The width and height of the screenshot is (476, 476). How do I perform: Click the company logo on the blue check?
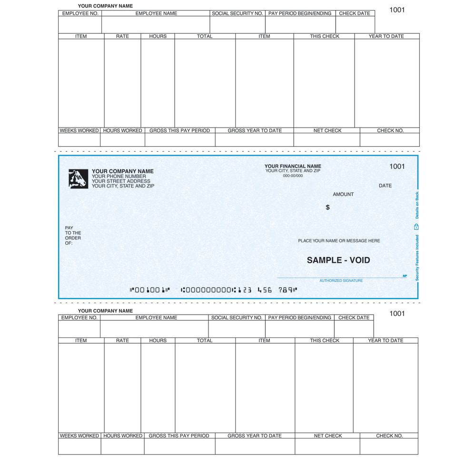78,178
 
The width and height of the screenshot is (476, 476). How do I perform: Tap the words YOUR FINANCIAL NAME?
293,166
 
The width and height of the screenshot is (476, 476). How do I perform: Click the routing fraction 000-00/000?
293,176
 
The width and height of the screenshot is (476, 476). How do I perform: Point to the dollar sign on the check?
327,208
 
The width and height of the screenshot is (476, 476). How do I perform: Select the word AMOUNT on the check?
343,194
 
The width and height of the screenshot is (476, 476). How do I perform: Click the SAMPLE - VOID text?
338,260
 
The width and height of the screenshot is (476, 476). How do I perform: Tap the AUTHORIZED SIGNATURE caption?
341,281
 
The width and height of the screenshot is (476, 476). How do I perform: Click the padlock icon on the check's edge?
416,227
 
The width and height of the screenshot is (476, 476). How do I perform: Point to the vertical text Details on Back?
417,205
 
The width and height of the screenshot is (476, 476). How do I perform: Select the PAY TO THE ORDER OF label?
73,236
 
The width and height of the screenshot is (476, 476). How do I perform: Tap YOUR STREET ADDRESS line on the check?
121,181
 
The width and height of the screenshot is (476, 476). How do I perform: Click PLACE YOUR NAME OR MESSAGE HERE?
339,241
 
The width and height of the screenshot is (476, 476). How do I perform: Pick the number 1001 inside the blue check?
397,166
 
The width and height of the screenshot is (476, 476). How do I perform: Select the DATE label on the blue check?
385,186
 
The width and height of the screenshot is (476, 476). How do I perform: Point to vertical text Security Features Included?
417,258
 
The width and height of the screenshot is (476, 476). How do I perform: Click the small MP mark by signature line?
405,276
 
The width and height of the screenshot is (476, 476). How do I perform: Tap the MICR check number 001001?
149,289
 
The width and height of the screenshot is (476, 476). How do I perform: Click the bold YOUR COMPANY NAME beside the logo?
122,171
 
